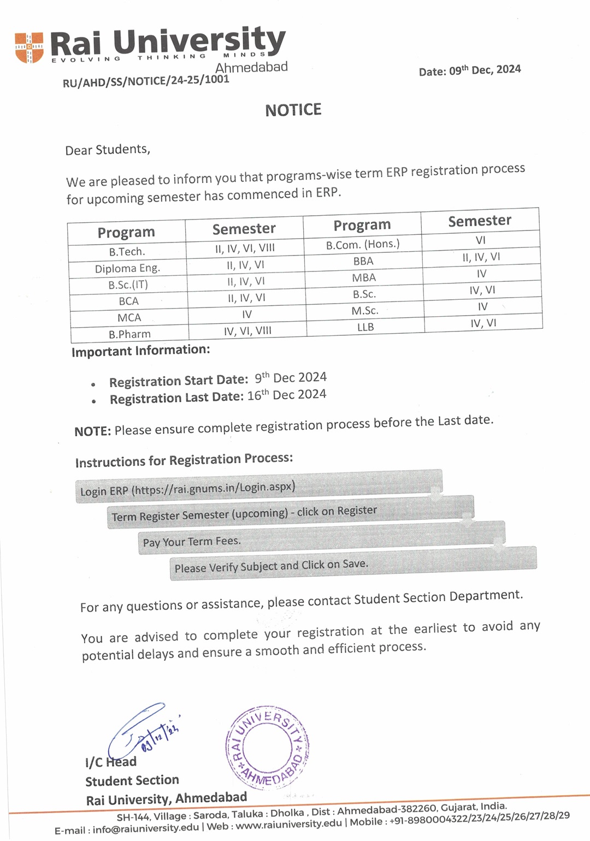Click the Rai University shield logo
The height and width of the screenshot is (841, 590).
pos(29,48)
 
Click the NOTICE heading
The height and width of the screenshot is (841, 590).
pos(293,110)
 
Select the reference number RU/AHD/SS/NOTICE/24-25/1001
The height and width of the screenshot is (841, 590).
pos(146,81)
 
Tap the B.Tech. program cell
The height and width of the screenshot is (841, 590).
pos(127,252)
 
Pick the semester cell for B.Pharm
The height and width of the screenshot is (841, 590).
pos(247,331)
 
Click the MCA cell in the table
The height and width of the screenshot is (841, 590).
pos(129,317)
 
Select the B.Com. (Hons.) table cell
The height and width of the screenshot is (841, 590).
pos(363,244)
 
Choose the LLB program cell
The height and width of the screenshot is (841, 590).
pos(365,327)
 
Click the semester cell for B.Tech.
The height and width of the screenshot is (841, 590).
pos(245,248)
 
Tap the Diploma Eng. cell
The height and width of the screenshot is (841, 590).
pos(127,268)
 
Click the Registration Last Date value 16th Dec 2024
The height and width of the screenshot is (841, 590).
pos(287,395)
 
